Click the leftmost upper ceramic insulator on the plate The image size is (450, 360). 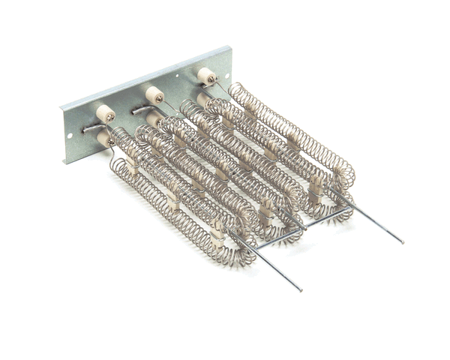[x=104, y=114]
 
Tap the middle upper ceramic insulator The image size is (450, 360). [x=154, y=94]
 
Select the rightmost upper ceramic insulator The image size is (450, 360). [x=205, y=76]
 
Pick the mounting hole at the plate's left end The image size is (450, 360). [x=70, y=136]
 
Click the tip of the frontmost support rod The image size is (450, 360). [x=300, y=289]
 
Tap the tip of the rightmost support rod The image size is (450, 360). [x=401, y=241]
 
